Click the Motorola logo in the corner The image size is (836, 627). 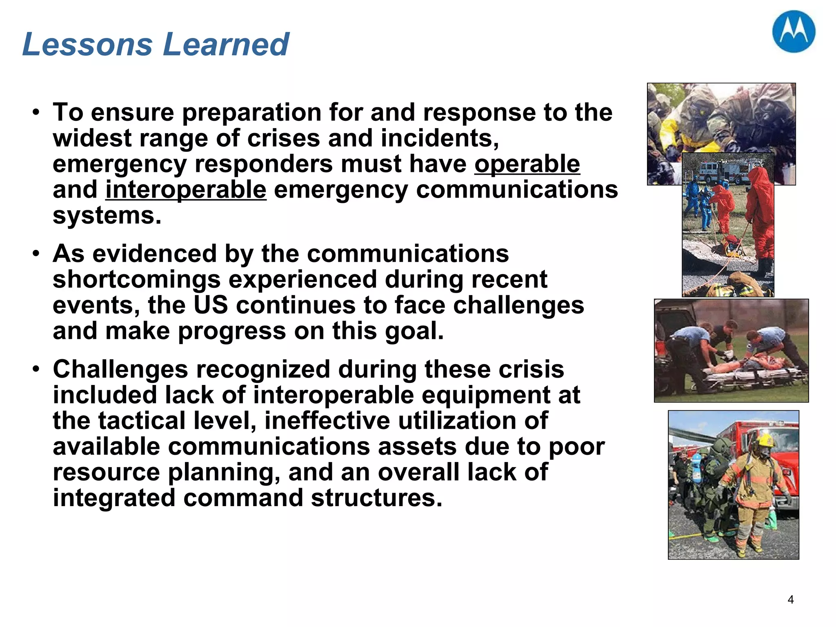point(794,32)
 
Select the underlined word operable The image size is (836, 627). point(527,164)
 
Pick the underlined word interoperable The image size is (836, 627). point(186,190)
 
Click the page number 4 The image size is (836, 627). point(790,600)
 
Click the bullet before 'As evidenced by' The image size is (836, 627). point(36,253)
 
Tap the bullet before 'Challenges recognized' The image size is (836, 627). point(36,369)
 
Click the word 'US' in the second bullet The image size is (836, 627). point(210,305)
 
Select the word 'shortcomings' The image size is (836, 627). point(137,280)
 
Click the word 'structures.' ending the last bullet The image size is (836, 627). point(376,498)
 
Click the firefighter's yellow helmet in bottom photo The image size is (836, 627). point(765,440)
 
